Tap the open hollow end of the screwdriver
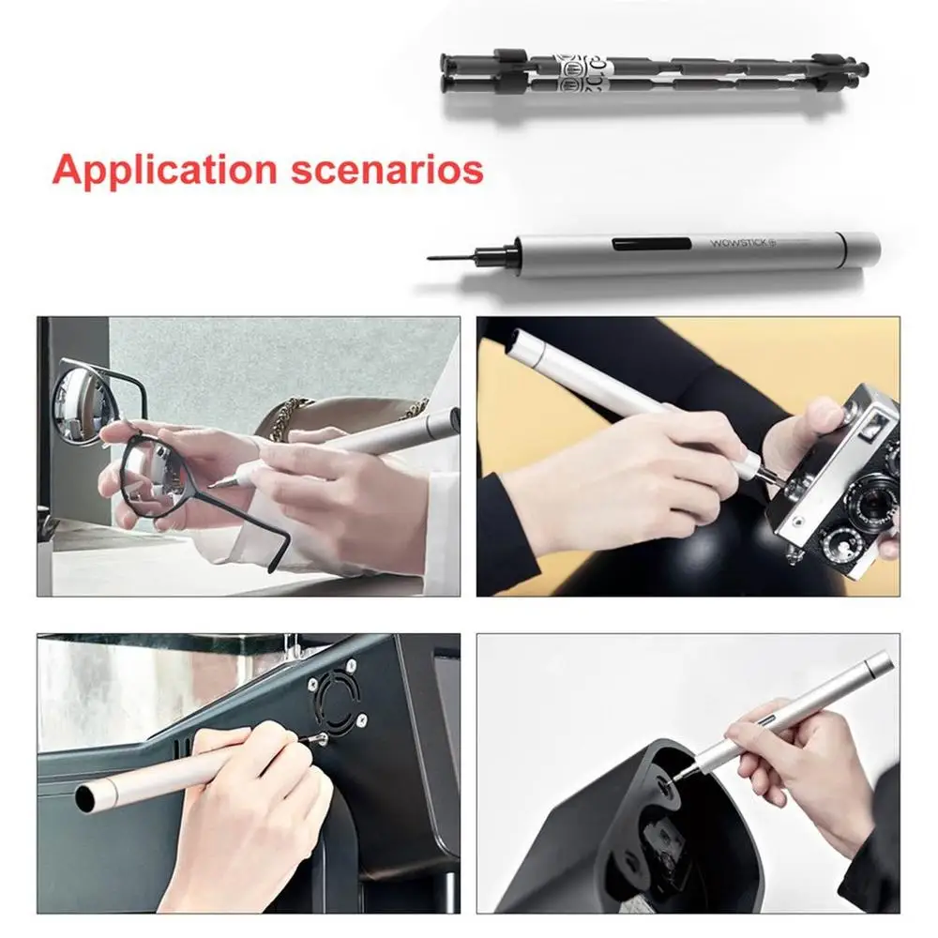point(89,798)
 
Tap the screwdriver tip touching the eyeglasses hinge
point(214,485)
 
